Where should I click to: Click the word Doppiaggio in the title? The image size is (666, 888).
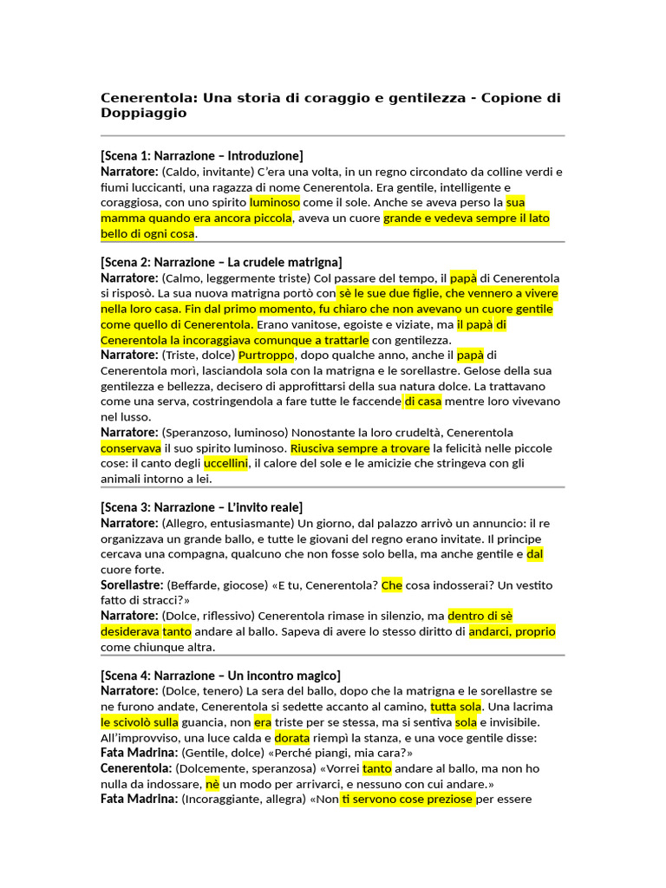143,113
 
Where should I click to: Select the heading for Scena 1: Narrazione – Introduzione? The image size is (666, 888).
202,156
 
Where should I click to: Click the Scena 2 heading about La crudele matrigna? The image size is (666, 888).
221,262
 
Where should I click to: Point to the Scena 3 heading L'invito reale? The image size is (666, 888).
201,507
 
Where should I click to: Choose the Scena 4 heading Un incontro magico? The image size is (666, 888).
220,676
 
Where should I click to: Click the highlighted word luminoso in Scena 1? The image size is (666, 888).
275,202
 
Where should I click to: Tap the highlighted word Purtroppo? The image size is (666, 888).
267,355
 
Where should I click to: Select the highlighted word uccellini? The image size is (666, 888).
226,464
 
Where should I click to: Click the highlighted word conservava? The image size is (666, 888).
131,448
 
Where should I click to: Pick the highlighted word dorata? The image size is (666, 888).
292,738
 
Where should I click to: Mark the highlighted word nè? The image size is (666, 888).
212,784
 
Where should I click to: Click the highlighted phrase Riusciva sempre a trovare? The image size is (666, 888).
360,448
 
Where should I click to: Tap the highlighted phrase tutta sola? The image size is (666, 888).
456,707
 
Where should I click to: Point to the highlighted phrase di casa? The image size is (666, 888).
422,402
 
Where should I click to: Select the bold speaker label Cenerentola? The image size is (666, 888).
136,768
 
